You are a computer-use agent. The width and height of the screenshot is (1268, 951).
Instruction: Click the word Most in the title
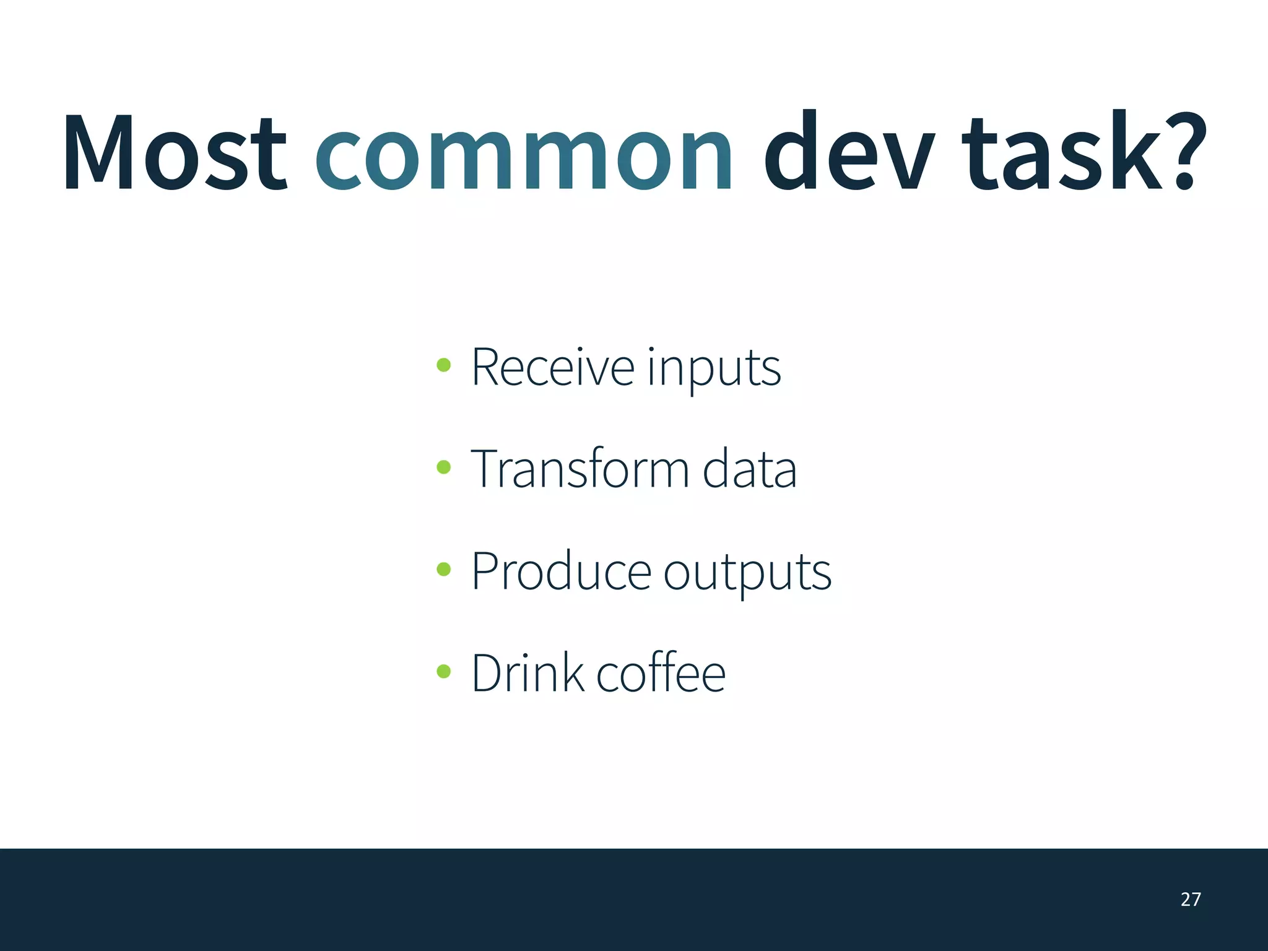175,154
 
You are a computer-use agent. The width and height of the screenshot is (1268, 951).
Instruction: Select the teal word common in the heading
524,155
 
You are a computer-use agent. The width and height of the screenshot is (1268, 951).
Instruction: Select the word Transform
580,469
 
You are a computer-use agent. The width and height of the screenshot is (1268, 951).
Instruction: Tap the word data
749,469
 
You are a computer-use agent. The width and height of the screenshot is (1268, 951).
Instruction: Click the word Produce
561,571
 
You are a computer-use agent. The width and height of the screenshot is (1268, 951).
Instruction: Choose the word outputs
747,574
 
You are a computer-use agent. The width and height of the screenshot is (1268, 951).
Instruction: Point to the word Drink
527,673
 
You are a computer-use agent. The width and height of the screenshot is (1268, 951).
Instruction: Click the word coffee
661,673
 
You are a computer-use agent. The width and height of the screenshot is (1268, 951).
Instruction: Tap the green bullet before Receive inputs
443,365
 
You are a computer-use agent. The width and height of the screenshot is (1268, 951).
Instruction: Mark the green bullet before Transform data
443,467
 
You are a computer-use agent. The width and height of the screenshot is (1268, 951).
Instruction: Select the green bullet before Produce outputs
443,569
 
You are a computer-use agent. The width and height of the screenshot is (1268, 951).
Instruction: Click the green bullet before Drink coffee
443,671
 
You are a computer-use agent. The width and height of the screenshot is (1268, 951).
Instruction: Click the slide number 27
1191,900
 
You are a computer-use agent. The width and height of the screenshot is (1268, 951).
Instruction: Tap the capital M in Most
98,154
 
